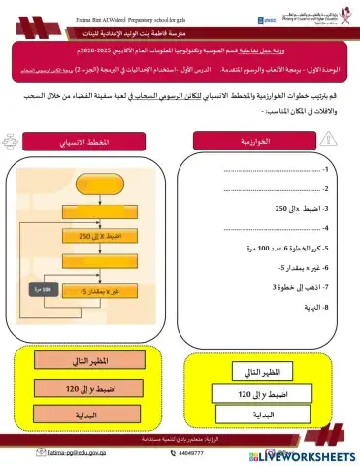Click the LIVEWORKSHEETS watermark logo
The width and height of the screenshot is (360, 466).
(301, 454)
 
